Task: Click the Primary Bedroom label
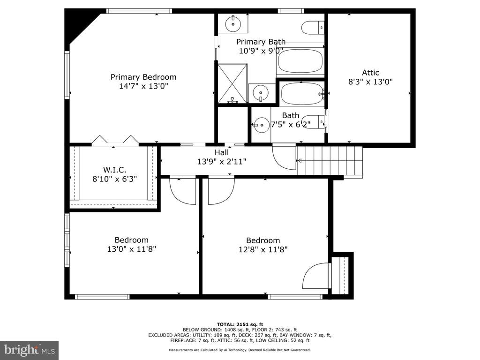(x=143, y=77)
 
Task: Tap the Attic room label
(x=370, y=73)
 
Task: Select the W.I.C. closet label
(x=114, y=170)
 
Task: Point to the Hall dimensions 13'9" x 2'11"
(x=222, y=161)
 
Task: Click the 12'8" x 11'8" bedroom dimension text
(x=263, y=249)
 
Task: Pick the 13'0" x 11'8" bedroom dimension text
(x=131, y=249)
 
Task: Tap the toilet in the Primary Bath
(x=313, y=28)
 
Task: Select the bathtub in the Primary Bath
(x=300, y=60)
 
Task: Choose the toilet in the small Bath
(x=313, y=123)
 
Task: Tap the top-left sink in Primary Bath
(x=233, y=23)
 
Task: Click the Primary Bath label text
(x=261, y=42)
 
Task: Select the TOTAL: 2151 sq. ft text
(x=240, y=324)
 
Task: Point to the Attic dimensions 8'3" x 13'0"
(x=370, y=82)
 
